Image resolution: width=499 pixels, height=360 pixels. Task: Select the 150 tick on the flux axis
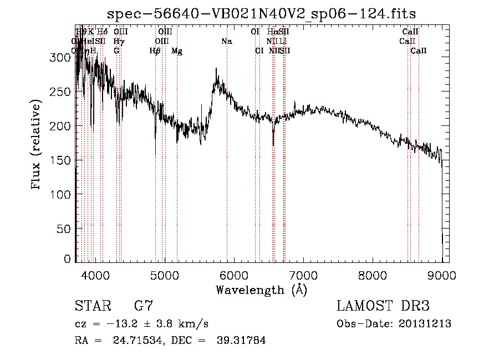click(x=63, y=161)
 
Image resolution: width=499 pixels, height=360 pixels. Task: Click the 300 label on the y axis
click(x=63, y=57)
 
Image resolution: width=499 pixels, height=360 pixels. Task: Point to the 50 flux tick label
click(x=65, y=229)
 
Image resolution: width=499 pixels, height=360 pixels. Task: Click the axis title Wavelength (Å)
click(x=261, y=290)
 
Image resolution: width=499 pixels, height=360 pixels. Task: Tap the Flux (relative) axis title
click(x=37, y=145)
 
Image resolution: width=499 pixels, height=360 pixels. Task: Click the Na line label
click(x=226, y=42)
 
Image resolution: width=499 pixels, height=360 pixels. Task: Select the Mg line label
click(x=177, y=51)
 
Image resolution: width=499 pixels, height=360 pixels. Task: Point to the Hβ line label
click(x=155, y=51)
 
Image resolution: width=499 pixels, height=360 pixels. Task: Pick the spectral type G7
click(x=144, y=306)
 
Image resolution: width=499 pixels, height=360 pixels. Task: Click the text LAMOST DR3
click(x=383, y=306)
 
